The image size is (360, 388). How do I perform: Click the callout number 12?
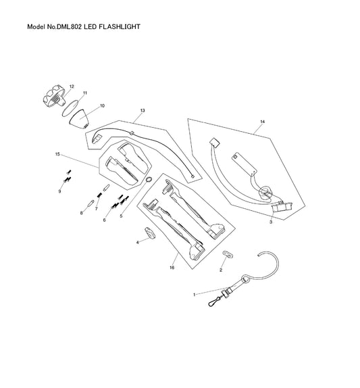[x=72, y=87]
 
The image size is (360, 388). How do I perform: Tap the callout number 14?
[x=263, y=122]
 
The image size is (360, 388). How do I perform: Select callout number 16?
[x=172, y=268]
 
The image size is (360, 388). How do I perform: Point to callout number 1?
[x=195, y=295]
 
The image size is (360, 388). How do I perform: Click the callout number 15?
[x=57, y=154]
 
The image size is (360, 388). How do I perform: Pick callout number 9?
[x=59, y=191]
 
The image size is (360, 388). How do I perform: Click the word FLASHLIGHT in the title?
[x=120, y=26]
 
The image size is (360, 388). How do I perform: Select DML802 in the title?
[x=69, y=26]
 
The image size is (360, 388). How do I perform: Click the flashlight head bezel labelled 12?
[x=54, y=97]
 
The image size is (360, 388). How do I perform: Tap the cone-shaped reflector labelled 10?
[x=80, y=118]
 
